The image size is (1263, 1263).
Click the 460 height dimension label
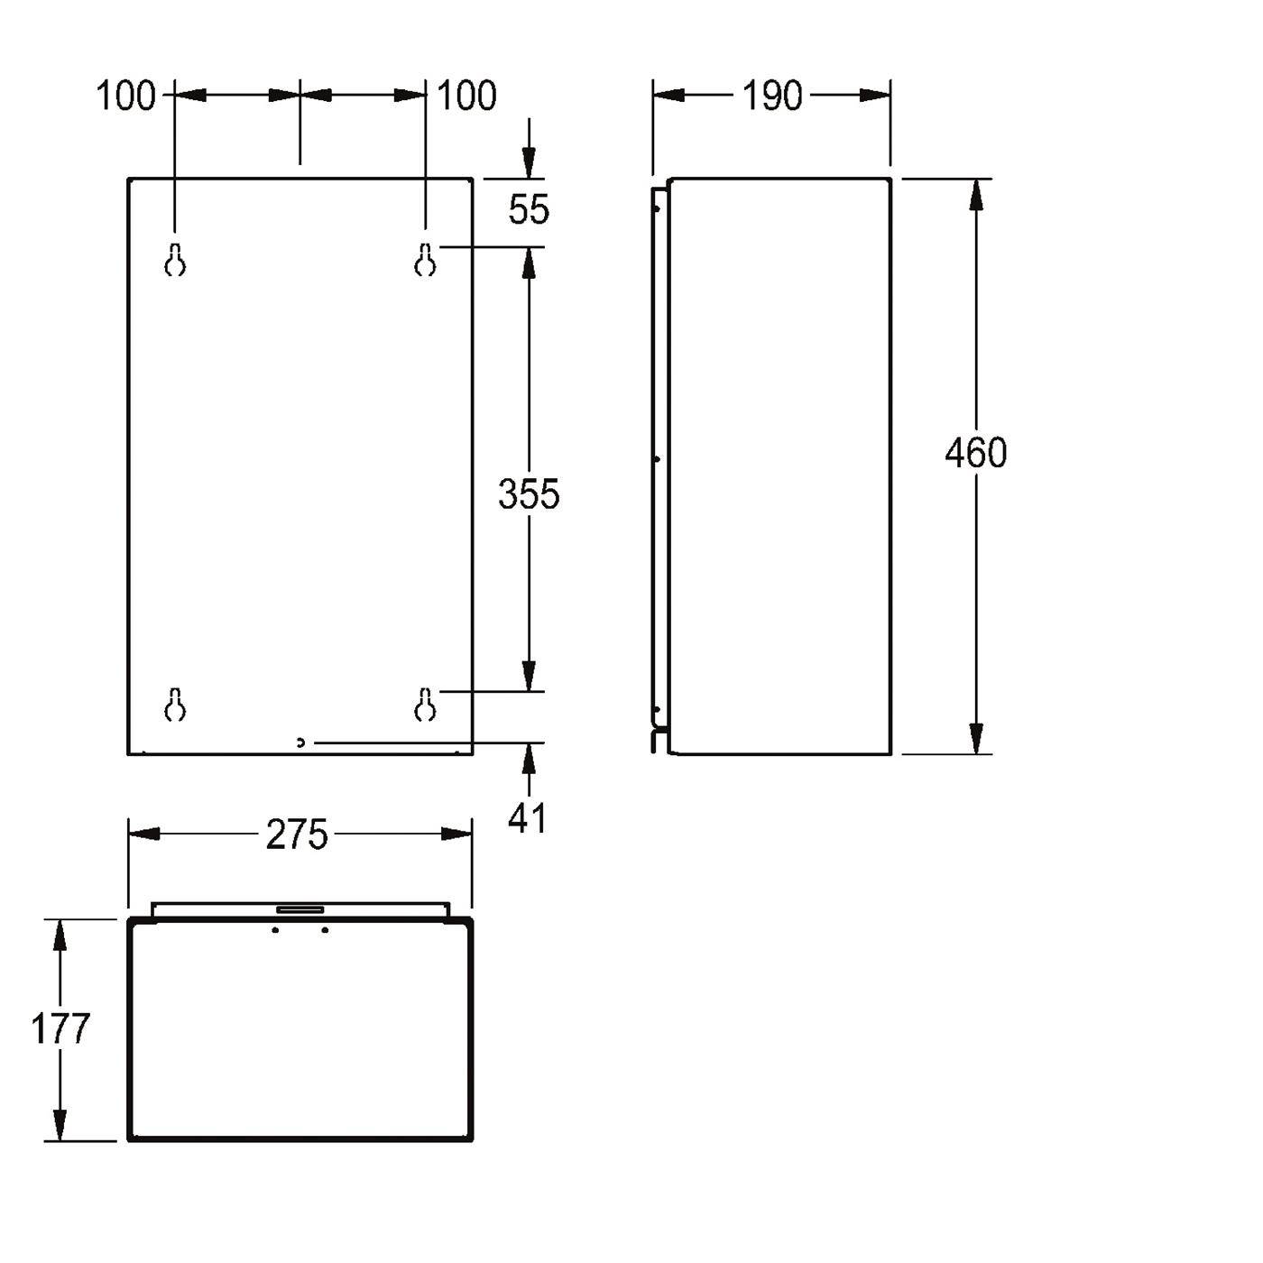tap(975, 453)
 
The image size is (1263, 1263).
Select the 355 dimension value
tap(529, 494)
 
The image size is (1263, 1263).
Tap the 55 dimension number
tap(529, 209)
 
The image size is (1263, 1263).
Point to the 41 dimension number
tap(528, 818)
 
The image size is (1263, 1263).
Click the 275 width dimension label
tap(297, 835)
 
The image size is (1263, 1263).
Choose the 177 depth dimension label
tap(60, 1029)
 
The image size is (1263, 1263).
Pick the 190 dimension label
tap(772, 96)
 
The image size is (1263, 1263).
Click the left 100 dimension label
tap(126, 96)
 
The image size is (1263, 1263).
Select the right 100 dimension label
tap(466, 96)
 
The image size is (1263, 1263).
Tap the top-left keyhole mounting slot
tap(174, 260)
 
